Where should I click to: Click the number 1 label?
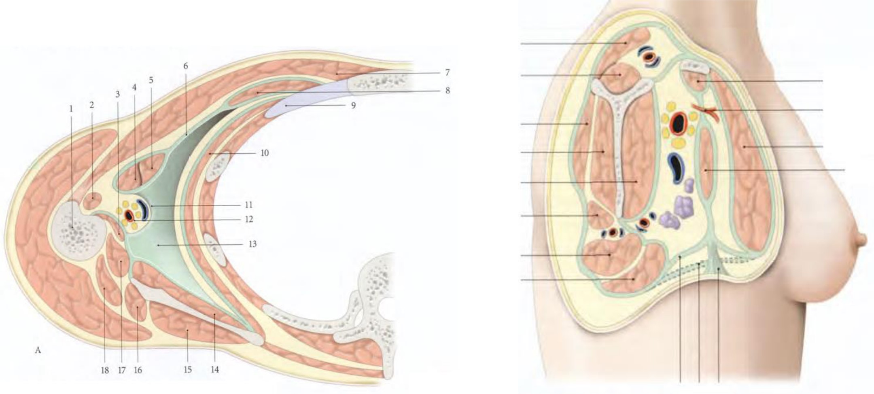(71, 109)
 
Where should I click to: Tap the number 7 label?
(447, 73)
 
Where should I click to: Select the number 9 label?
(353, 106)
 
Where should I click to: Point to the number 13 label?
(252, 244)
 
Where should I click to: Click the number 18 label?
(105, 370)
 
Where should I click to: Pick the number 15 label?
(188, 370)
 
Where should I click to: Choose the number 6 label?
(186, 66)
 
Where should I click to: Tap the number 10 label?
(265, 153)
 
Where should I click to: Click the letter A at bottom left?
(38, 350)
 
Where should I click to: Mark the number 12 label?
(248, 219)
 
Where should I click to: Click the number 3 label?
(118, 95)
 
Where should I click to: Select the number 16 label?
(138, 370)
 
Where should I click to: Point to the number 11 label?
(248, 205)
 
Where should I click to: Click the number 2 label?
(92, 105)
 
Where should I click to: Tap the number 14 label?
(215, 370)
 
